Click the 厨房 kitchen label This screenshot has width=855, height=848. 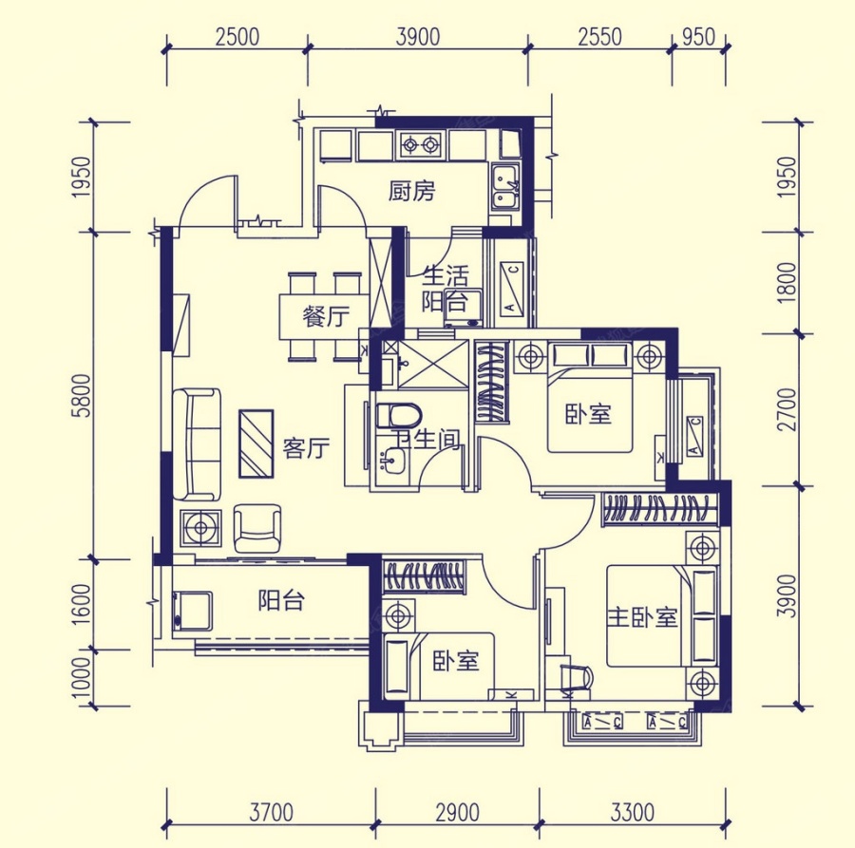(412, 191)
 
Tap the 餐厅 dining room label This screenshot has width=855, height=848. (326, 316)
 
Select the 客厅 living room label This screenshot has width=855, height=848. (306, 448)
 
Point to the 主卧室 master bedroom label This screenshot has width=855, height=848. (643, 618)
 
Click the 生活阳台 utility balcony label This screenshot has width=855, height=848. (446, 289)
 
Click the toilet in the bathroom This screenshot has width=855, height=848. (399, 416)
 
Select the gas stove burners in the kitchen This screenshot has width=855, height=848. (421, 145)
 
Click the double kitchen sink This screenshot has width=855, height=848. (506, 187)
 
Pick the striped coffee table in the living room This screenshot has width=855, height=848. (256, 443)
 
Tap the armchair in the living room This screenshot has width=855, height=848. (256, 528)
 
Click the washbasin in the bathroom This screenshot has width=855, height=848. (391, 462)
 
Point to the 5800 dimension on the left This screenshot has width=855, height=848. (83, 396)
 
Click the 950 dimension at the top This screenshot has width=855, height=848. (698, 37)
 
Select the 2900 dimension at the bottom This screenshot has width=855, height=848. (458, 813)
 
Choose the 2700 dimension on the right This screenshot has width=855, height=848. (787, 410)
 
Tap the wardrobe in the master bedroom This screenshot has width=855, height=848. (659, 510)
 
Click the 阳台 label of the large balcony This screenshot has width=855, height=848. (281, 600)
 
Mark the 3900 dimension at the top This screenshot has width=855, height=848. (418, 37)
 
